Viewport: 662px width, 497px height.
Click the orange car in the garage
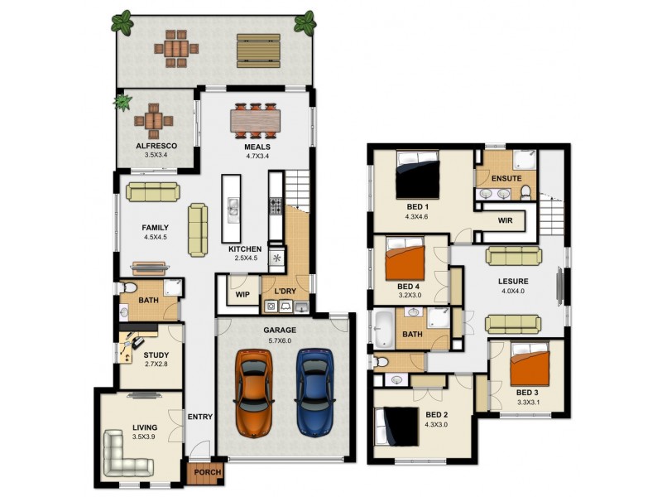(x=253, y=392)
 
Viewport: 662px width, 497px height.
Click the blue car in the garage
(x=314, y=392)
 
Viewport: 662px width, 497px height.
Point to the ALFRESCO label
(x=156, y=146)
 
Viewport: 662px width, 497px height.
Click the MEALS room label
(x=257, y=147)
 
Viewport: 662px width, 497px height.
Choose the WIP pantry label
(x=242, y=294)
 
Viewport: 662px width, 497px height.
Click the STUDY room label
(x=156, y=355)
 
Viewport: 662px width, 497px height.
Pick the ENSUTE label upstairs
(x=506, y=178)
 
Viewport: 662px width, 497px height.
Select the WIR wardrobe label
(x=506, y=221)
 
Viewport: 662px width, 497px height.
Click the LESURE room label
(x=513, y=281)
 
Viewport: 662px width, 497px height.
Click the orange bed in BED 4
(x=405, y=259)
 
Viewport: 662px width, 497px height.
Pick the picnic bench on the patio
(x=258, y=51)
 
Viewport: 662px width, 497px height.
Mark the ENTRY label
(x=199, y=417)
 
